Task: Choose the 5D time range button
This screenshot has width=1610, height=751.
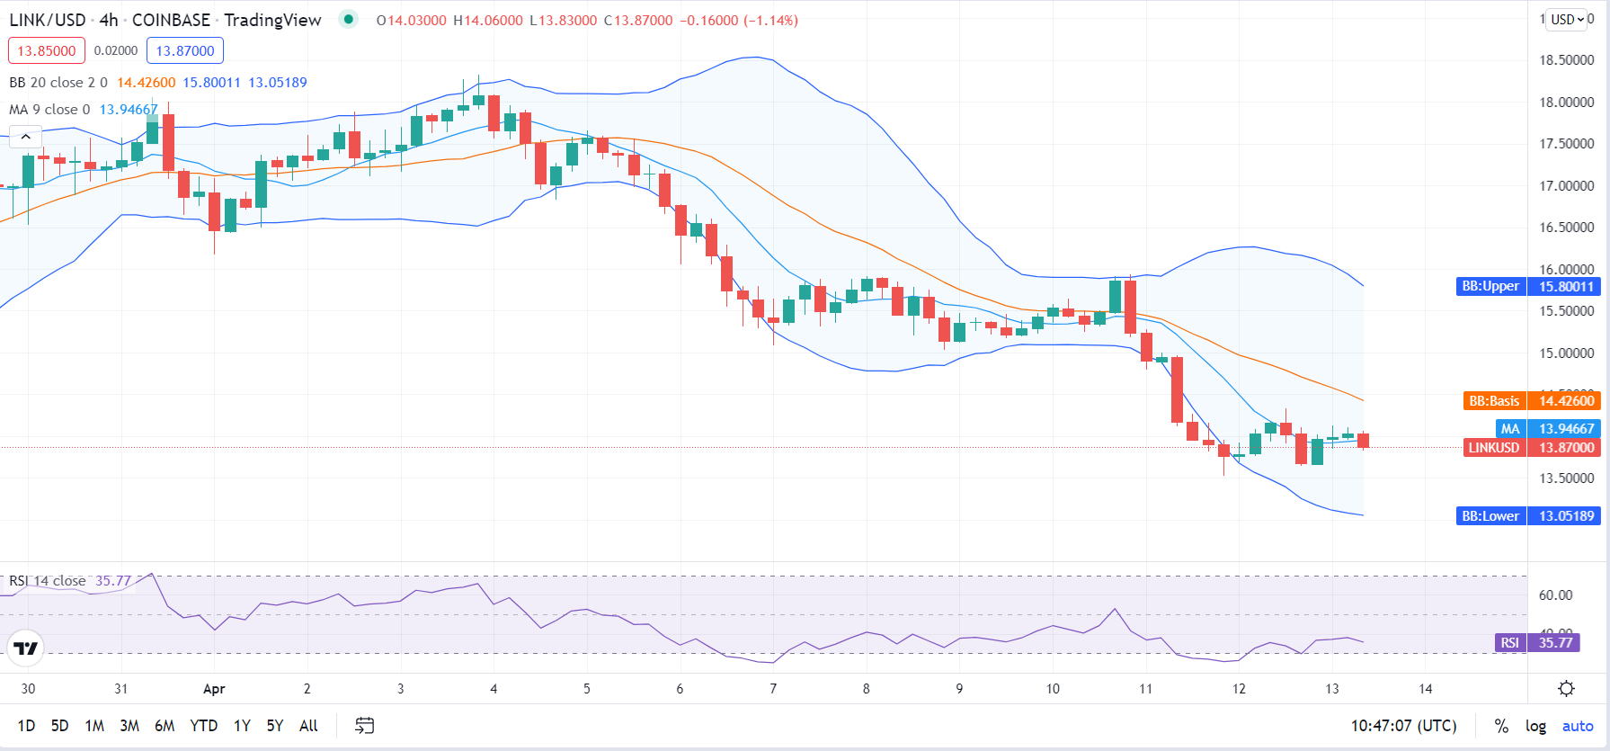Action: pyautogui.click(x=59, y=726)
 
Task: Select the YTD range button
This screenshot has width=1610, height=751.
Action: pyautogui.click(x=203, y=726)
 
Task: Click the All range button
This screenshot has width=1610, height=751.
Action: pyautogui.click(x=308, y=726)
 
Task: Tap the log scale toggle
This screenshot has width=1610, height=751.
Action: pyautogui.click(x=1535, y=726)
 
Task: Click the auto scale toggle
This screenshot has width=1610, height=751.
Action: pyautogui.click(x=1578, y=726)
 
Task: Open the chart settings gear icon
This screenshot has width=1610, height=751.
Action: pyautogui.click(x=1566, y=689)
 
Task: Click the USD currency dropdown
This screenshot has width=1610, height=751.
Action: pyautogui.click(x=1568, y=20)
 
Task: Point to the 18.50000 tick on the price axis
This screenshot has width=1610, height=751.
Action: pyautogui.click(x=1567, y=60)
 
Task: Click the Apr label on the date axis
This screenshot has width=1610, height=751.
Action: pyautogui.click(x=214, y=689)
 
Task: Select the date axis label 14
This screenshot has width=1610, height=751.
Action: pyautogui.click(x=1426, y=689)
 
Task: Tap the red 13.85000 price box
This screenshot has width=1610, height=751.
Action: pyautogui.click(x=47, y=50)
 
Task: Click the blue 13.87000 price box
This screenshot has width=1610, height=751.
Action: pyautogui.click(x=185, y=50)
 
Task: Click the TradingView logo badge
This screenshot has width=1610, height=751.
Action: pyautogui.click(x=26, y=648)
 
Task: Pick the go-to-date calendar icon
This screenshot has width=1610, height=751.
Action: pyautogui.click(x=364, y=726)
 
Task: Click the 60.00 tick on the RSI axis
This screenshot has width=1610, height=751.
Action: pyautogui.click(x=1555, y=595)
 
